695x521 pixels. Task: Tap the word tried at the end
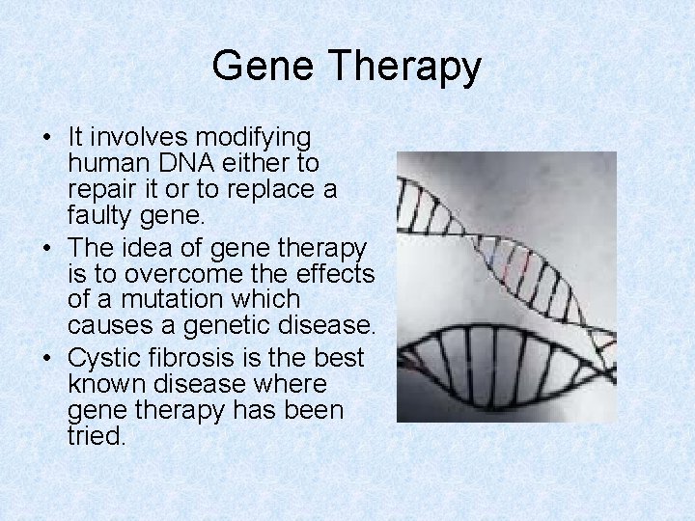(x=97, y=436)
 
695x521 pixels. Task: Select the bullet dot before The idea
(x=47, y=249)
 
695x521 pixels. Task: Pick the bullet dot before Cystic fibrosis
(x=47, y=359)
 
